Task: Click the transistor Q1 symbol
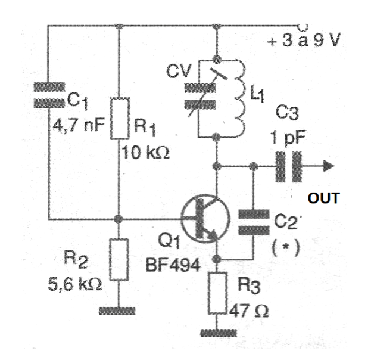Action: click(205, 219)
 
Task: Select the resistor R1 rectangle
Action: click(120, 118)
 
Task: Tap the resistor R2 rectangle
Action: click(119, 259)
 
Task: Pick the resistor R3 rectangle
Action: click(217, 293)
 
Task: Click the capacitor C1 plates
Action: click(49, 95)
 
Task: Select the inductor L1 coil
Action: click(239, 98)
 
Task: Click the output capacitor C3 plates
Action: click(289, 167)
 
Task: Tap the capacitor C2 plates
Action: click(254, 222)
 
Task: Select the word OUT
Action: click(324, 198)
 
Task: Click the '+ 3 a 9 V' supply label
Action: click(304, 40)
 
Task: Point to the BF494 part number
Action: click(173, 265)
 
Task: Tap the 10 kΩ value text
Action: click(145, 153)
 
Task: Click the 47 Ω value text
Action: click(249, 311)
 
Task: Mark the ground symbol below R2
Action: click(117, 311)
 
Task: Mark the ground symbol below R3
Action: click(218, 333)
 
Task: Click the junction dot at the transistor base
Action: click(119, 219)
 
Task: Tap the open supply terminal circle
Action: click(303, 27)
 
